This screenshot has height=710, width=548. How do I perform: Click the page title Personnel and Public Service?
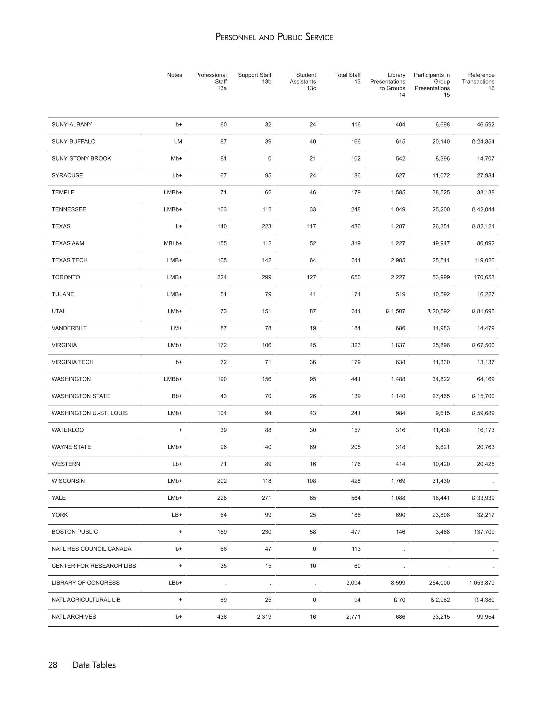tap(274, 37)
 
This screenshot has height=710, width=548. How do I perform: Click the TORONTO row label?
tap(66, 277)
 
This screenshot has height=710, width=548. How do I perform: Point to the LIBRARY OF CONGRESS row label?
tap(85, 583)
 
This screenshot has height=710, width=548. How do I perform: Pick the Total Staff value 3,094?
tap(353, 583)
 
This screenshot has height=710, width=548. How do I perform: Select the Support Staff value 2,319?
tap(264, 617)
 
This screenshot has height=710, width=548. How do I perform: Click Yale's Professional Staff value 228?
tap(222, 498)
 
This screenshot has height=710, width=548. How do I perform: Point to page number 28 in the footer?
tap(53, 665)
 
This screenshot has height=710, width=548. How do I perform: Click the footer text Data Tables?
tap(94, 665)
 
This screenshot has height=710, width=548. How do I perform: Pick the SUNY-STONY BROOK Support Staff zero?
tap(269, 159)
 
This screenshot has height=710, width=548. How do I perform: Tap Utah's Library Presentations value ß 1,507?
tap(395, 311)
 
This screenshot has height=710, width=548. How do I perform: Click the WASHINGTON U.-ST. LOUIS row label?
tap(90, 413)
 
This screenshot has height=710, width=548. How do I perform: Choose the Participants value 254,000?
tap(439, 583)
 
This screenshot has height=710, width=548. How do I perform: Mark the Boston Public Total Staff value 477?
tap(356, 532)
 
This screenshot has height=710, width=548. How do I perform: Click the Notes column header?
tap(174, 75)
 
